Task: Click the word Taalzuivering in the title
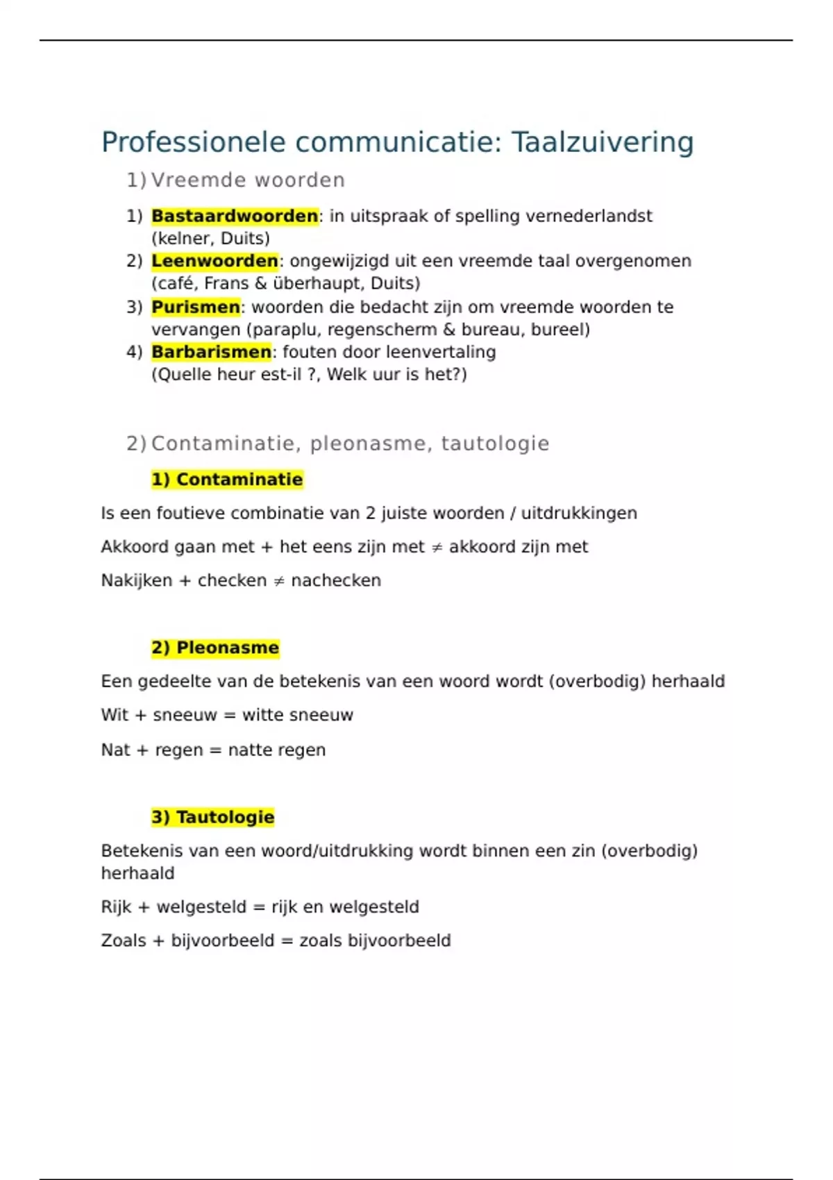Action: point(603,142)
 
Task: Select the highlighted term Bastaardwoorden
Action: point(235,216)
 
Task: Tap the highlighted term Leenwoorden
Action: point(214,261)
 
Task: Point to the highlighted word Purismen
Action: point(196,307)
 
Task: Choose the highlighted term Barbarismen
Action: point(211,352)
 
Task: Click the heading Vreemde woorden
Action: point(248,180)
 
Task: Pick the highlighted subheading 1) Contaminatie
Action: point(227,480)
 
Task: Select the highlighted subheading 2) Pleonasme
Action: point(215,648)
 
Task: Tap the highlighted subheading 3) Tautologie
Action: point(213,817)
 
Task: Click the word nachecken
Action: point(336,580)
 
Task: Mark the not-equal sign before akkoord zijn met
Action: point(437,548)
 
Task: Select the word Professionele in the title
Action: point(194,142)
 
